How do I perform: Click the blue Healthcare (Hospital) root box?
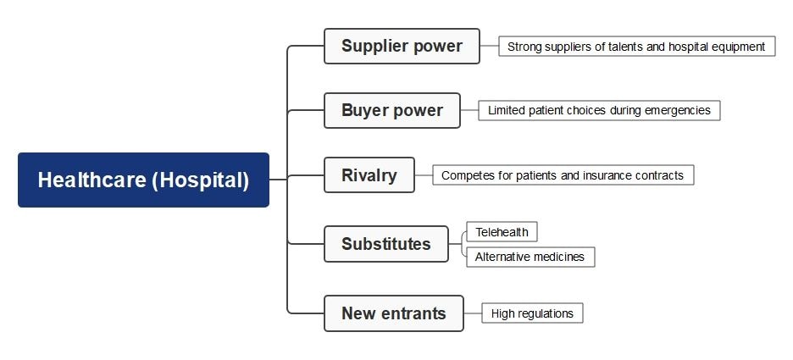(x=143, y=180)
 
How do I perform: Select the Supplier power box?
(x=402, y=46)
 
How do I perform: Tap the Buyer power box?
(x=391, y=110)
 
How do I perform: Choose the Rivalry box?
(x=369, y=175)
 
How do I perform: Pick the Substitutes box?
(x=385, y=244)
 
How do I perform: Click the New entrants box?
(x=393, y=313)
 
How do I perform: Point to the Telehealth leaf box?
(x=502, y=232)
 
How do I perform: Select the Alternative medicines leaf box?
(x=530, y=257)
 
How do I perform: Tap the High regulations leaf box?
(x=532, y=313)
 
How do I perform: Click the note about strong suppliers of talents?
(x=636, y=47)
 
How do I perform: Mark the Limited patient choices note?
(x=599, y=110)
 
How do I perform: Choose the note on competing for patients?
(x=563, y=175)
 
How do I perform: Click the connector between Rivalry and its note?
(x=424, y=175)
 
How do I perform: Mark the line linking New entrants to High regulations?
(x=473, y=313)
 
